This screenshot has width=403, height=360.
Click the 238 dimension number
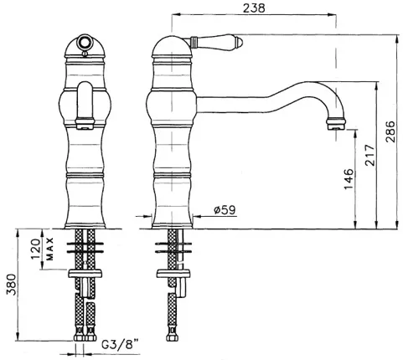tap(254, 8)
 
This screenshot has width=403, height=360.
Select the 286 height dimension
tap(390, 131)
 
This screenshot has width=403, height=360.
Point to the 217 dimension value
tap(369, 155)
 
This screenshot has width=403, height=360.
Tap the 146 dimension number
tap(349, 179)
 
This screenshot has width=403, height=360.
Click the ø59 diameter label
tap(225, 209)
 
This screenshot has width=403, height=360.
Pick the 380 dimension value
tap(11, 285)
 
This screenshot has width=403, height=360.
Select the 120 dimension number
tap(36, 249)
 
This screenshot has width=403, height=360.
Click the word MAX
tap(50, 249)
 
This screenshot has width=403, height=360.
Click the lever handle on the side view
tap(217, 42)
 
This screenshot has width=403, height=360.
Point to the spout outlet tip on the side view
tap(337, 124)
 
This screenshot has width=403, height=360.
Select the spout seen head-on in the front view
tap(85, 105)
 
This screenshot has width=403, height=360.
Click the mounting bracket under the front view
tap(85, 274)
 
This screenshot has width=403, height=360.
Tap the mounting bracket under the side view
tap(173, 274)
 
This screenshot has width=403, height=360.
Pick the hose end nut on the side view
tap(171, 337)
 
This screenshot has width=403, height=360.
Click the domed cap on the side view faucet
tap(172, 47)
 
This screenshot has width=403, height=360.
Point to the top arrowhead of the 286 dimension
tap(396, 39)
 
